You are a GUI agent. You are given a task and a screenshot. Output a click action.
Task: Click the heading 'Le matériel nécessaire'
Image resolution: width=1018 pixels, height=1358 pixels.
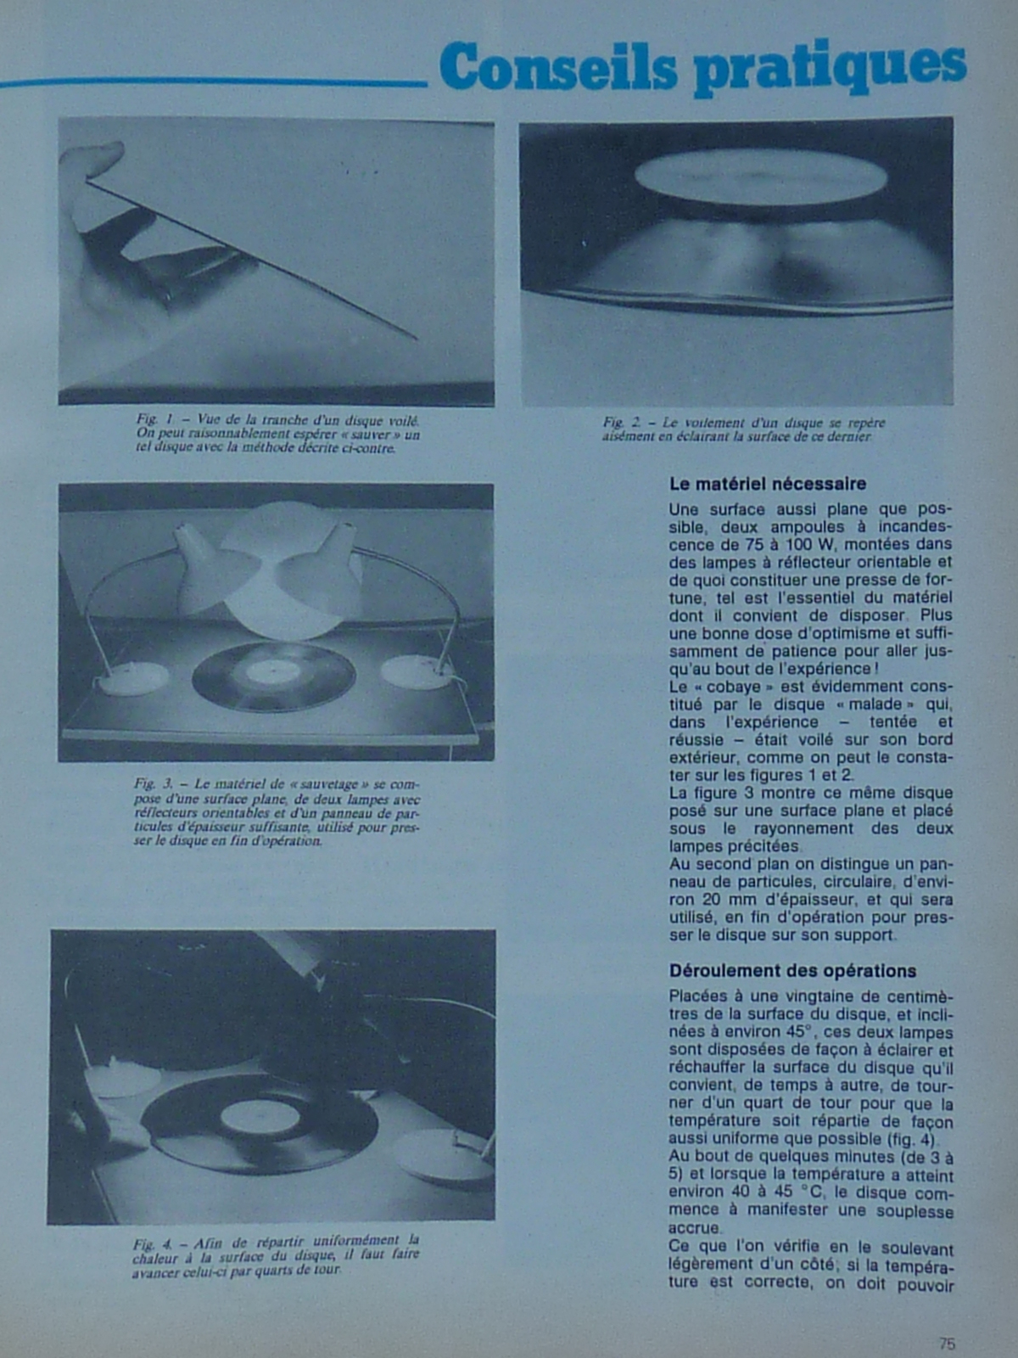tap(767, 484)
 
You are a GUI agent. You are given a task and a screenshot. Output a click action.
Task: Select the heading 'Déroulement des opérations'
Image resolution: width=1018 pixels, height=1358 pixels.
tap(792, 970)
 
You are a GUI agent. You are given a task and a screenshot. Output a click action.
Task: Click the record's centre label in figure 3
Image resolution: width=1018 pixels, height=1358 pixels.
tap(273, 673)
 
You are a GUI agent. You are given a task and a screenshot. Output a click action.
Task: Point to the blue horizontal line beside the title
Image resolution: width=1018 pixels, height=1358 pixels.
tap(212, 83)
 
